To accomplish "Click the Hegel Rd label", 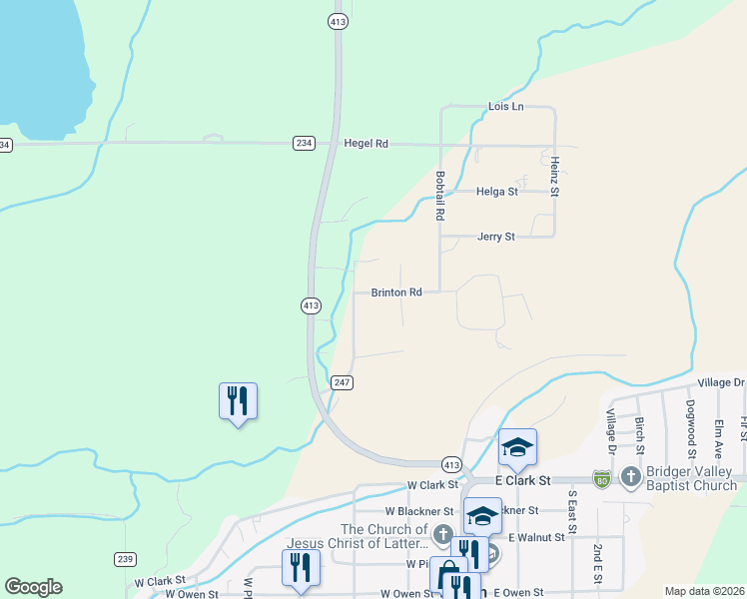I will (366, 144).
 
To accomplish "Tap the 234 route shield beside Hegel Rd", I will (304, 144).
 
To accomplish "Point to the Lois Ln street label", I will (505, 106).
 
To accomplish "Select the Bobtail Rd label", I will (439, 195).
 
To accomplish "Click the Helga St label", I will (497, 191).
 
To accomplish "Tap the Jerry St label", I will (495, 237).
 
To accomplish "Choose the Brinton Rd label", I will (396, 293).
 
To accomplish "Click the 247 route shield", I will (342, 382).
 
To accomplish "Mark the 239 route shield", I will (125, 559).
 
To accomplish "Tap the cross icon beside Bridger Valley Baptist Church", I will (630, 477).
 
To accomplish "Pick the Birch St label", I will (639, 430).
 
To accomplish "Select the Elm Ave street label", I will (718, 437).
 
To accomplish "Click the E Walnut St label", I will (536, 537).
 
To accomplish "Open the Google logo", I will (33, 587).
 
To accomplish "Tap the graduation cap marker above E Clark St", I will (518, 448).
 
